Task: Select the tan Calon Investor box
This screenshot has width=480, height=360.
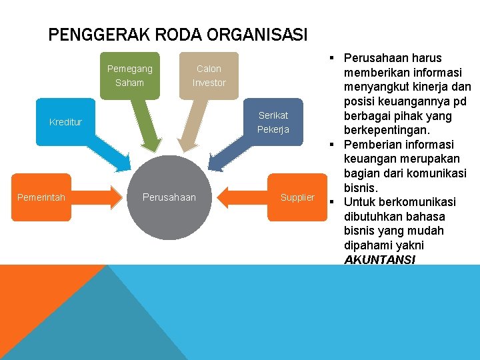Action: click(209, 75)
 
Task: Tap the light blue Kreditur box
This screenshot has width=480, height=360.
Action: click(66, 122)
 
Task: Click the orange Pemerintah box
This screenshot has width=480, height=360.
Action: click(41, 197)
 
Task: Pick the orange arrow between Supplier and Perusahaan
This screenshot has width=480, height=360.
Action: click(243, 197)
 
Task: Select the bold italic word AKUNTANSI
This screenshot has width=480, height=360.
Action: click(379, 259)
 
